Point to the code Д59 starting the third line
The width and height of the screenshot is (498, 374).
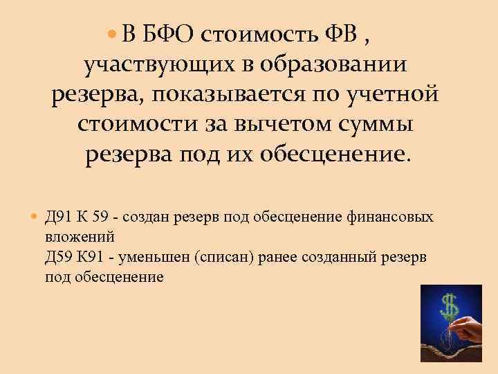[x=58, y=257]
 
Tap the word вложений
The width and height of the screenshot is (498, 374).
[x=72, y=237]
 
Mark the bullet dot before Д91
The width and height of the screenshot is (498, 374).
[x=37, y=217]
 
